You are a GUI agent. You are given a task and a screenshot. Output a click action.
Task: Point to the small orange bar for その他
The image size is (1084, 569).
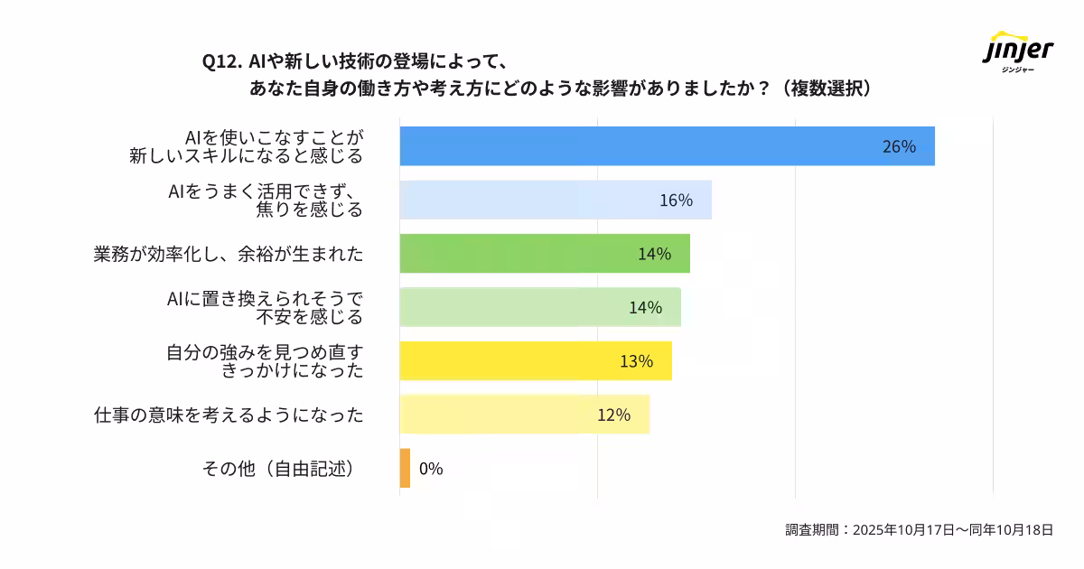coord(405,469)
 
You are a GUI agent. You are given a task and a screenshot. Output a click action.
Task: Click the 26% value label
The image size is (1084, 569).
coord(898,146)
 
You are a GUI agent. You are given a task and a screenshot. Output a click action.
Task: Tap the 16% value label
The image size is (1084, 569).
coord(675,201)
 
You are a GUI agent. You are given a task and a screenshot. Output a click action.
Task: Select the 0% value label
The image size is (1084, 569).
coord(431,469)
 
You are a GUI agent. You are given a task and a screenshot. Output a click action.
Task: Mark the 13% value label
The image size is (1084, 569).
coord(636,361)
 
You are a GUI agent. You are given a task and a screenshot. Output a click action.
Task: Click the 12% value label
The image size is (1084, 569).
coord(613,415)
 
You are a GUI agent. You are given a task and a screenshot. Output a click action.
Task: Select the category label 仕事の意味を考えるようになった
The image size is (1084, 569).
coord(229,415)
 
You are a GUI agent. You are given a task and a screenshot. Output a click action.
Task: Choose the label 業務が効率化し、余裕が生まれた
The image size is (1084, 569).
coord(229,254)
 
